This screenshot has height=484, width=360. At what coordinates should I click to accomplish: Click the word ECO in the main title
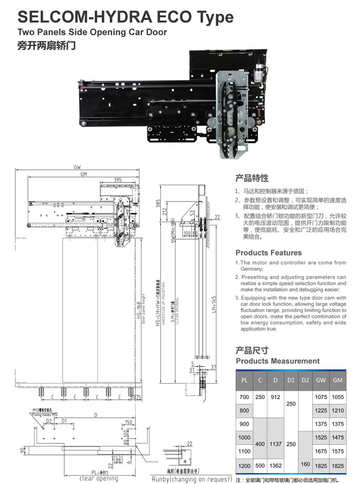coord(168,17)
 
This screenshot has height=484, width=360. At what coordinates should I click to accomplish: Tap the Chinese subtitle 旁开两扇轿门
coord(47,45)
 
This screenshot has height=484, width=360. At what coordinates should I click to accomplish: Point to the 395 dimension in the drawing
coord(118,180)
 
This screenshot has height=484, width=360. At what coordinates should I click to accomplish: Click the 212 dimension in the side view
coord(165,210)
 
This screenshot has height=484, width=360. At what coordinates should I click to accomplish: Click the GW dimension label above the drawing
coord(77,168)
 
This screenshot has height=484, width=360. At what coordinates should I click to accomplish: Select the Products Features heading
coord(268,253)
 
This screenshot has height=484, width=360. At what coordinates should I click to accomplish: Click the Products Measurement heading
coord(277,361)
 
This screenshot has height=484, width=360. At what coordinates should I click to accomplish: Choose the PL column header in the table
coord(244,381)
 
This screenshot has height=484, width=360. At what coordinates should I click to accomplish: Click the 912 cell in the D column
coord(275,397)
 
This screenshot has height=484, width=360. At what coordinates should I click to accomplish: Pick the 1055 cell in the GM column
coord(337,397)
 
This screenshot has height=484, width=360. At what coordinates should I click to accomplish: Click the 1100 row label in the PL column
coord(244,451)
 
